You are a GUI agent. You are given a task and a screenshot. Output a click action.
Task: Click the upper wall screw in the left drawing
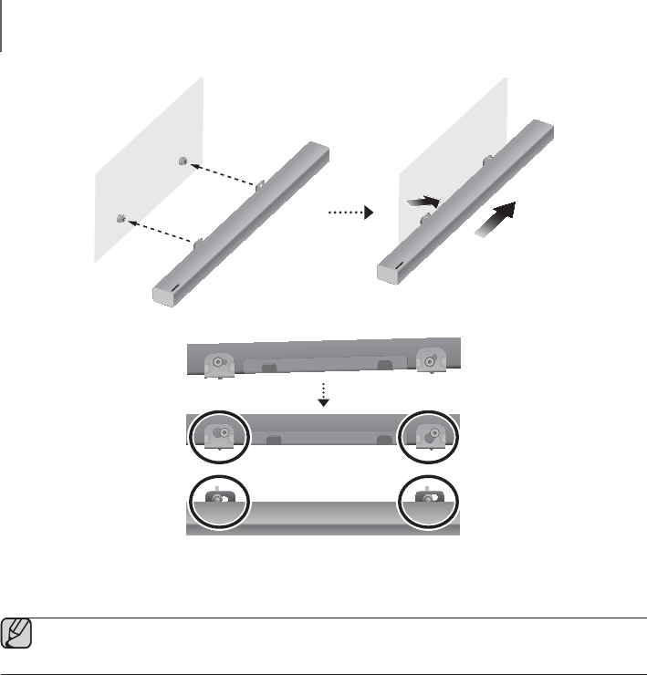point(185,162)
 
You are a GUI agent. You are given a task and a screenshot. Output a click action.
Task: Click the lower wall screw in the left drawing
point(121,218)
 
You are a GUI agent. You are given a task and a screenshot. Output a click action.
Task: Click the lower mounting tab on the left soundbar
point(199,244)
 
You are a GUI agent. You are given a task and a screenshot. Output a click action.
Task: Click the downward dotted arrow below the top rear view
point(321,393)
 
